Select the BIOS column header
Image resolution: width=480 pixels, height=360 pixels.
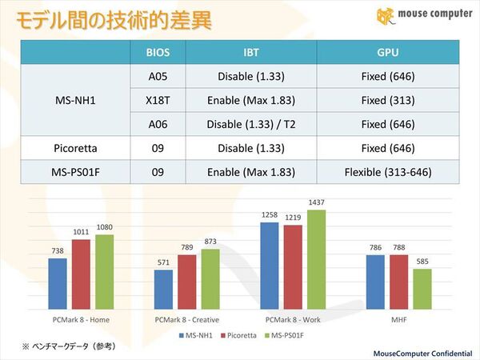pyautogui.click(x=158, y=53)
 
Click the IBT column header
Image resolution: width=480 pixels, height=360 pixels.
pyautogui.click(x=250, y=53)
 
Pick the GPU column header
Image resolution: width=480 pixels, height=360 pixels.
pyautogui.click(x=387, y=53)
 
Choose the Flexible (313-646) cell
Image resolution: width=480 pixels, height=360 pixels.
pyautogui.click(x=387, y=172)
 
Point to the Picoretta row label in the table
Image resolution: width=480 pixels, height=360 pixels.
pyautogui.click(x=75, y=148)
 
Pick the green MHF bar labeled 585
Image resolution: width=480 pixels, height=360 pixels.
pyautogui.click(x=422, y=288)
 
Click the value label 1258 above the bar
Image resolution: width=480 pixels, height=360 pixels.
pyautogui.click(x=270, y=215)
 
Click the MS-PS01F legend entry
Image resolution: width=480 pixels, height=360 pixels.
pyautogui.click(x=286, y=334)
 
